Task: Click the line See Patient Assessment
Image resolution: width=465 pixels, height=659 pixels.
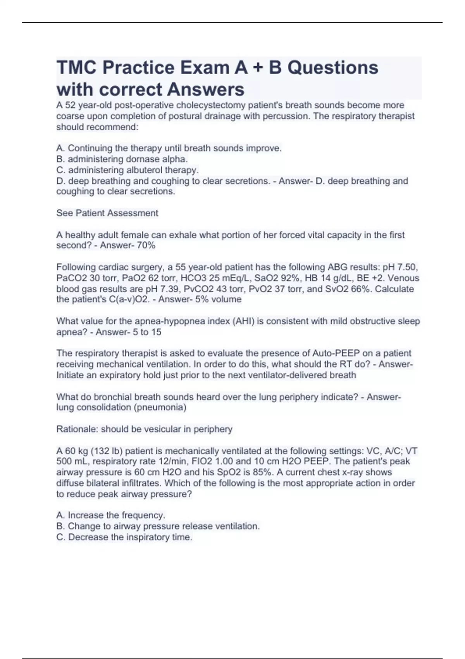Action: pos(107,213)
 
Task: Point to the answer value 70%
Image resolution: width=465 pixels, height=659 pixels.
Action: pos(146,245)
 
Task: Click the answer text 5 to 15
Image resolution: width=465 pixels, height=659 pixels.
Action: pos(147,332)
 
